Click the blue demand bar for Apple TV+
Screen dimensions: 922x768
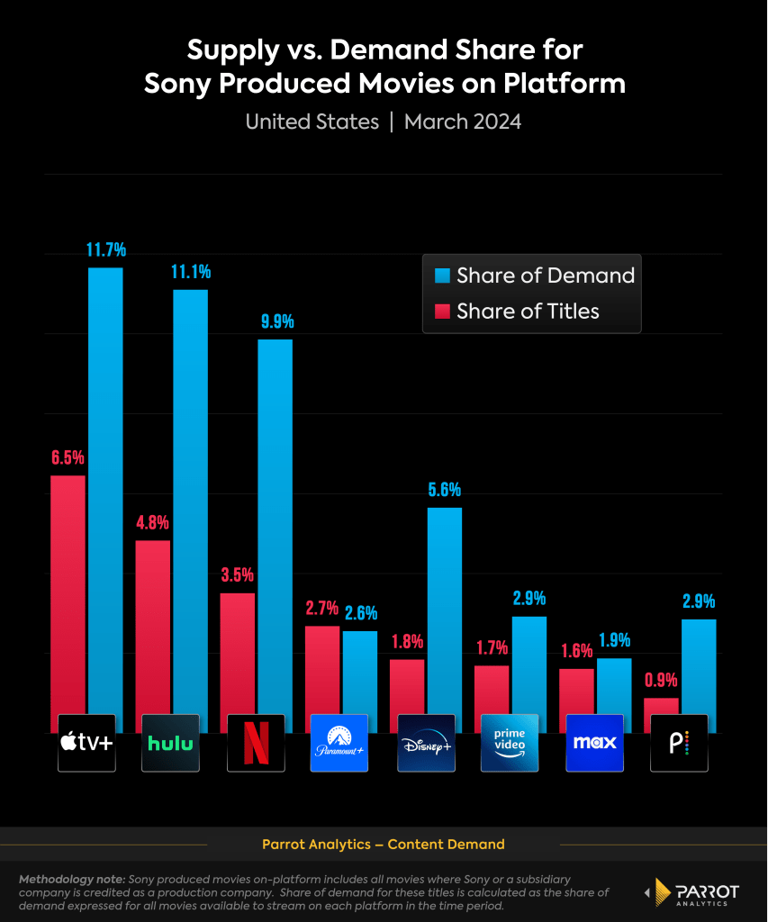(x=105, y=495)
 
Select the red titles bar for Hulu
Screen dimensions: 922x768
(x=153, y=630)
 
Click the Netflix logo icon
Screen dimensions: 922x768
(x=256, y=743)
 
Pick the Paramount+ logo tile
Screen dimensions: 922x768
(x=339, y=743)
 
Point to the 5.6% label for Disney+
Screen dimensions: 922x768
(x=445, y=491)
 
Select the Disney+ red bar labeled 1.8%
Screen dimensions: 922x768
(x=407, y=693)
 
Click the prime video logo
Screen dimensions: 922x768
(x=509, y=743)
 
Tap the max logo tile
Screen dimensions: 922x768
(x=594, y=743)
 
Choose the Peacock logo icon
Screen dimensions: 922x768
(x=679, y=743)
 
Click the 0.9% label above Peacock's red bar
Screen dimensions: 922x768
(x=661, y=681)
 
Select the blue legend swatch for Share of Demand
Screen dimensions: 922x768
(x=442, y=276)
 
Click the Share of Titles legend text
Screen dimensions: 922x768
(x=528, y=312)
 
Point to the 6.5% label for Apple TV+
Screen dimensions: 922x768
(x=68, y=458)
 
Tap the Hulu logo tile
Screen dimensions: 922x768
(x=171, y=743)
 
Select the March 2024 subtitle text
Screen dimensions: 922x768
(x=463, y=122)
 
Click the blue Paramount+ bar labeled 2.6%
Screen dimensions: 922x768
(x=360, y=680)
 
